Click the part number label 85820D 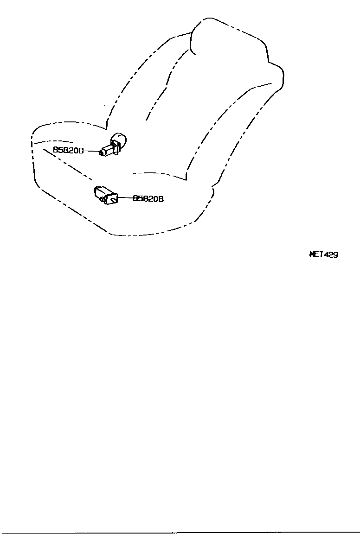point(68,150)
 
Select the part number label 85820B point(148,198)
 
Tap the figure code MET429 point(323,254)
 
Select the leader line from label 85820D point(91,151)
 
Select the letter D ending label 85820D point(81,150)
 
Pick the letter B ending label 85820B point(161,198)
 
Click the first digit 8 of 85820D point(55,150)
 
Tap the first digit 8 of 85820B point(135,198)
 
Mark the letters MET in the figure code point(316,254)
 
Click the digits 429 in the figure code point(331,254)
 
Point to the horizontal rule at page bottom point(180,532)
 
